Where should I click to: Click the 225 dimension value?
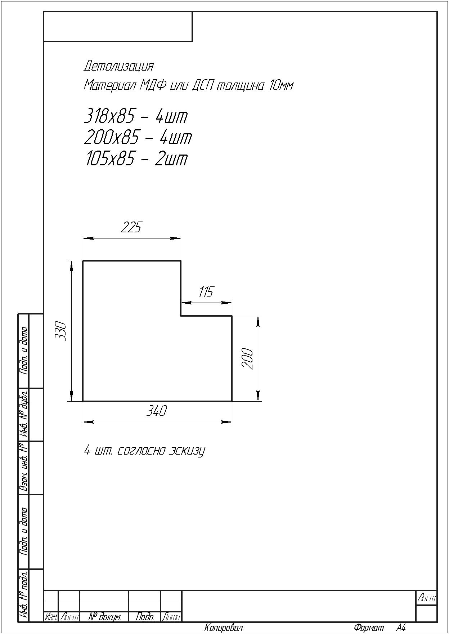click(x=131, y=227)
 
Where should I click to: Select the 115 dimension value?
click(x=206, y=292)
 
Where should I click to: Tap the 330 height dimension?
click(x=60, y=331)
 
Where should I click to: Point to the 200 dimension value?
click(x=247, y=359)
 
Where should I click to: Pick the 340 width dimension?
click(x=157, y=411)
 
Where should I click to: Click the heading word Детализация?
click(x=118, y=66)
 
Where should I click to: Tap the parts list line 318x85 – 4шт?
click(x=136, y=116)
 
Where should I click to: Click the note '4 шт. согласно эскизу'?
click(x=144, y=451)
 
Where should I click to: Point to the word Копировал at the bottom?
click(x=224, y=628)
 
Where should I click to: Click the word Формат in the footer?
click(x=369, y=628)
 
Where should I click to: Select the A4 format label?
click(x=401, y=628)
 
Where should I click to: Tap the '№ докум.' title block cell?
click(x=104, y=617)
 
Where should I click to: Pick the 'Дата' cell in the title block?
click(x=171, y=617)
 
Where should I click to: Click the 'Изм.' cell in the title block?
click(x=51, y=617)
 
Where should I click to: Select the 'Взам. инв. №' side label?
click(x=24, y=468)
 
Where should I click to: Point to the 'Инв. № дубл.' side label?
click(x=24, y=414)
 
